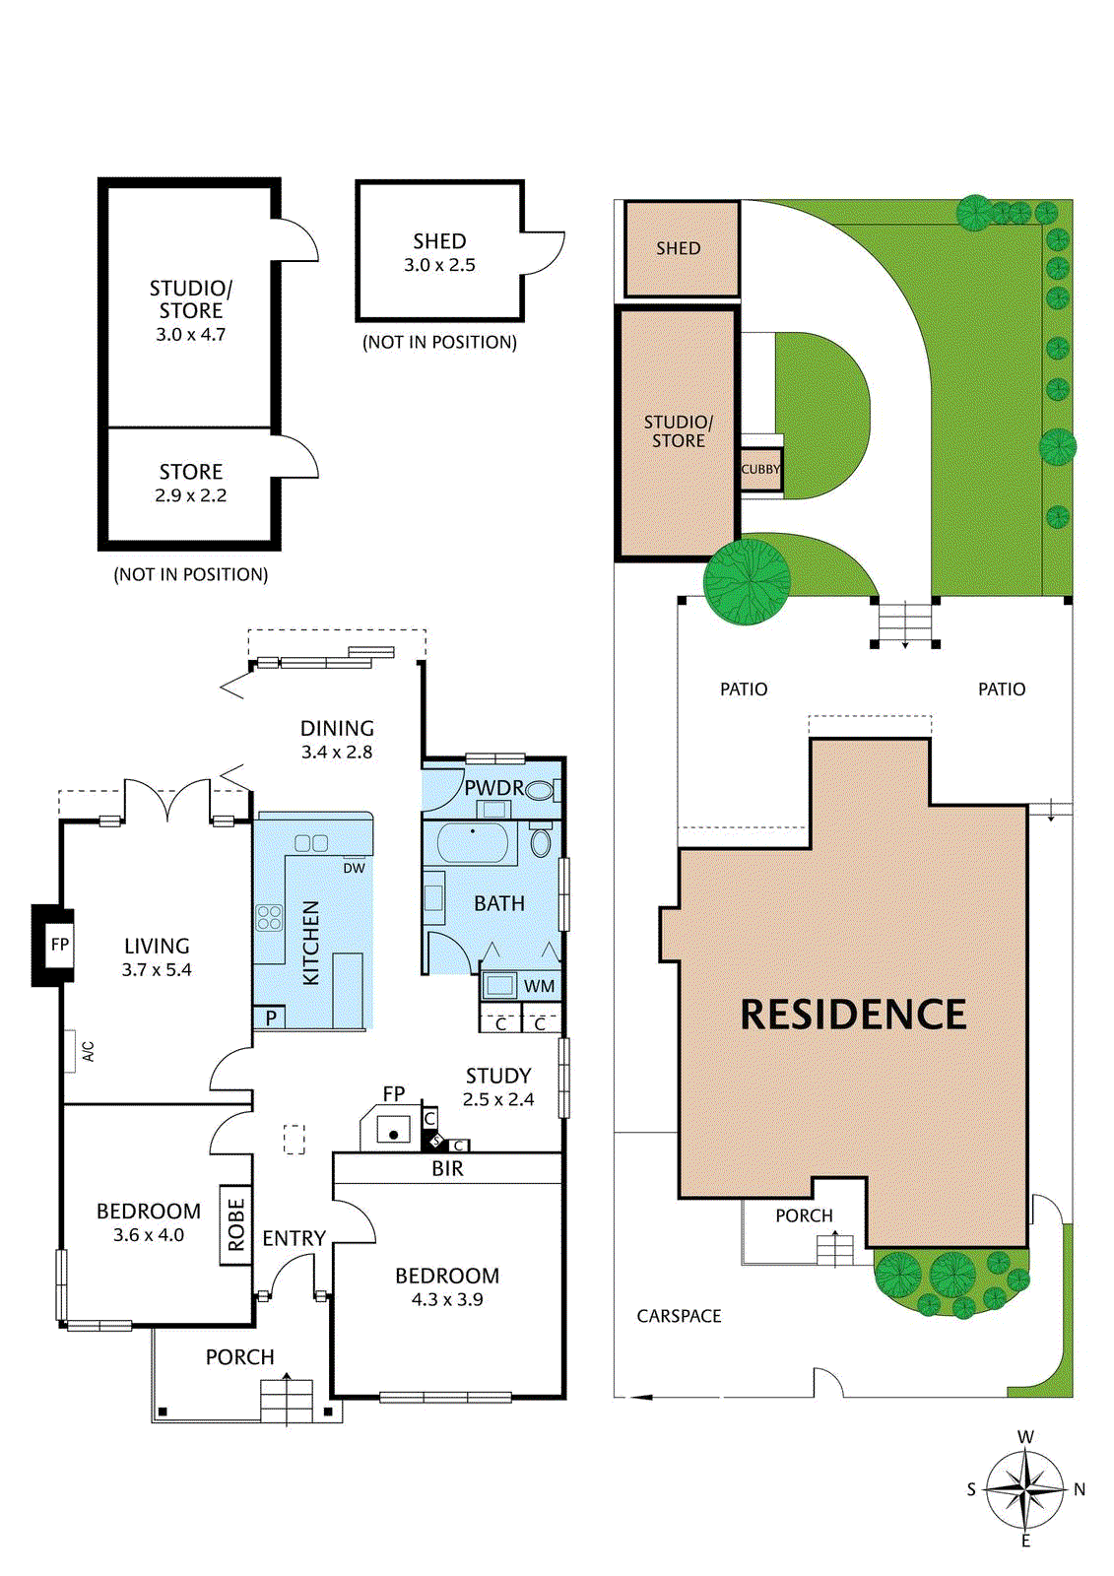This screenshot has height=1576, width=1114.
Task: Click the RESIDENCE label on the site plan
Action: pyautogui.click(x=853, y=1015)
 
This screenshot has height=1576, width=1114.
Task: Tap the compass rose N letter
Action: pyautogui.click(x=1080, y=1489)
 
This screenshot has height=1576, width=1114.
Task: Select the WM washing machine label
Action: pyautogui.click(x=539, y=986)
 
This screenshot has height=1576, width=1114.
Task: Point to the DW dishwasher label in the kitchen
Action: pyautogui.click(x=354, y=868)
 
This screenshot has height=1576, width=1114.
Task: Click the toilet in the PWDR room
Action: pyautogui.click(x=539, y=789)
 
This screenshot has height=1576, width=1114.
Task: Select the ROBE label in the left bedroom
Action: pyautogui.click(x=235, y=1224)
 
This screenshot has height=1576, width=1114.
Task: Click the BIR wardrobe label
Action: pyautogui.click(x=447, y=1169)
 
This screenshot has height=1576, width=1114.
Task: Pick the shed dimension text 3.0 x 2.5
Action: pyautogui.click(x=439, y=265)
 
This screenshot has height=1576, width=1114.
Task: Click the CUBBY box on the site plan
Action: pyautogui.click(x=760, y=470)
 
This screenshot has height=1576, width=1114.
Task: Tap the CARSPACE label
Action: pyautogui.click(x=679, y=1316)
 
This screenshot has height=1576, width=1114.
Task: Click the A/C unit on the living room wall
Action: pyautogui.click(x=71, y=1051)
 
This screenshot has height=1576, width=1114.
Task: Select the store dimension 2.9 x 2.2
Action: pyautogui.click(x=190, y=495)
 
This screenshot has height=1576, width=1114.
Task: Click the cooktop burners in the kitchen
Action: pyautogui.click(x=269, y=918)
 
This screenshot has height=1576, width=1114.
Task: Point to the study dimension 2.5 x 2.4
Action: pyautogui.click(x=498, y=1099)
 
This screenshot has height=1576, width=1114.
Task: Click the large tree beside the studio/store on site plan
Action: pyautogui.click(x=748, y=581)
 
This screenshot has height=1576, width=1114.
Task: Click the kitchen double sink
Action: pyautogui.click(x=311, y=843)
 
